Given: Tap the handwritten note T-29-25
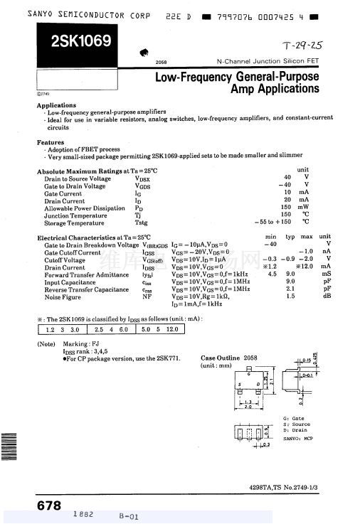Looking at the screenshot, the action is point(302,45).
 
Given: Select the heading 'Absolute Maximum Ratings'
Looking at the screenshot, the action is point(80,171).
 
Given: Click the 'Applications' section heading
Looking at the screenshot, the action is point(57,106).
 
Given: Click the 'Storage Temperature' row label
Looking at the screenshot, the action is point(74,223).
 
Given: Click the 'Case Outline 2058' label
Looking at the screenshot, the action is point(229,358).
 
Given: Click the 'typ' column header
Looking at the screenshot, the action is point(290,237).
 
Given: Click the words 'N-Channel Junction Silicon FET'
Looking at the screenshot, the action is point(268,63).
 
